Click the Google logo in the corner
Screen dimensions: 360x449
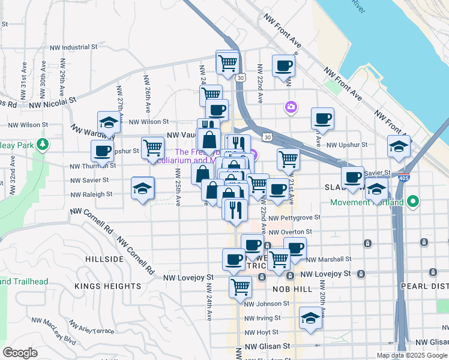pos(20,353)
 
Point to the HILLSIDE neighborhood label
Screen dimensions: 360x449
pos(104,259)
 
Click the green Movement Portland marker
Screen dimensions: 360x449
pos(412,202)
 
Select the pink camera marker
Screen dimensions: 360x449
pos(291,107)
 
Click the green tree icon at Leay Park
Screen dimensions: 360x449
pos(42,145)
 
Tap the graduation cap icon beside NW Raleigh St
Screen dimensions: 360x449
pos(142,188)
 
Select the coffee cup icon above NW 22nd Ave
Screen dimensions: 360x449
pos(283,65)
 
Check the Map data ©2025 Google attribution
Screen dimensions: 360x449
pos(411,355)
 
